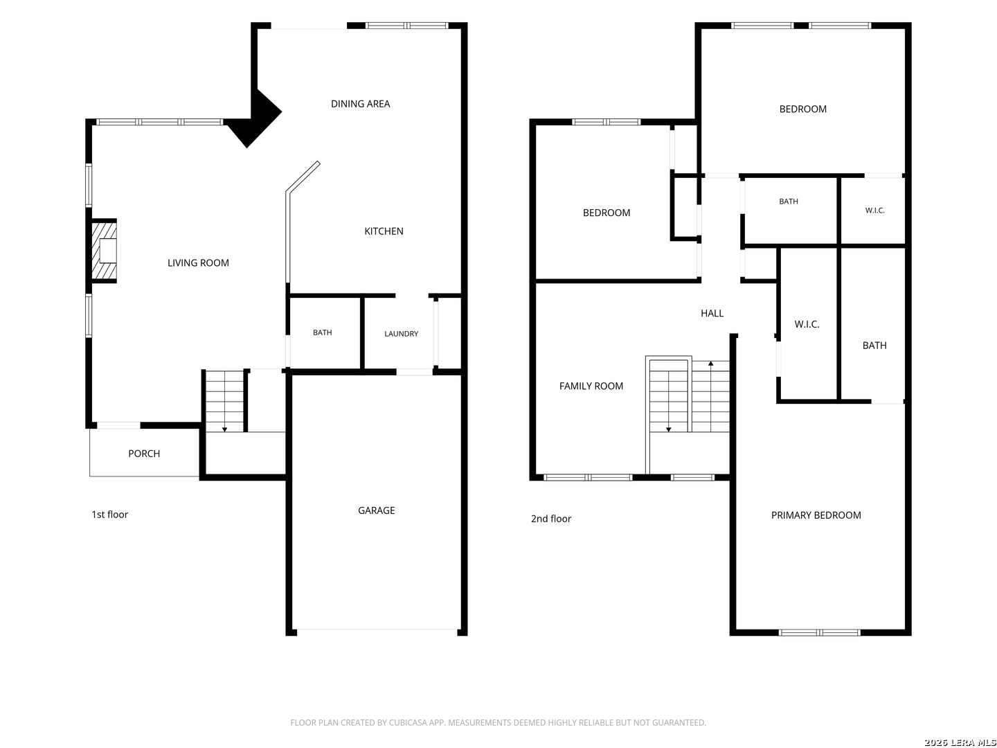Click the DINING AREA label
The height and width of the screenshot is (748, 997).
coord(360,104)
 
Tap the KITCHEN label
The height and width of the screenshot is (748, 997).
coord(384,231)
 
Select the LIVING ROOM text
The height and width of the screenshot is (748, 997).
coord(198,263)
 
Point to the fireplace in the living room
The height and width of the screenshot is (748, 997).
coord(104,251)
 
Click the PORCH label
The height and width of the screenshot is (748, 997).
coord(144,454)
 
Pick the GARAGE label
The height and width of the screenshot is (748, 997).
coord(376,510)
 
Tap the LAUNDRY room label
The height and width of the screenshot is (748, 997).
coord(401,334)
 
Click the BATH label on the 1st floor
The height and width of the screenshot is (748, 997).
coord(322,332)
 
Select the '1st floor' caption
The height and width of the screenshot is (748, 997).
coord(110,515)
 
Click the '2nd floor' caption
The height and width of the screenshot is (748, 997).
coord(551,519)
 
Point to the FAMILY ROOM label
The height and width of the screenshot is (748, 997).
coord(591,386)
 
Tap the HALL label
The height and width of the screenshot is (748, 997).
coord(712,313)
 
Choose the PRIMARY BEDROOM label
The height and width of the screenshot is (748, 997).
coord(816,515)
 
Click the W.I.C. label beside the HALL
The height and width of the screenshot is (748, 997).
coord(807,324)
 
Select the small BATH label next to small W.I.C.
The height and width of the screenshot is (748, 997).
coord(788,201)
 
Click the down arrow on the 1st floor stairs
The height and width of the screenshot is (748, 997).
coord(224,429)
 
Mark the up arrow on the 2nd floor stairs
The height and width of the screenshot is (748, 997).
coord(710,364)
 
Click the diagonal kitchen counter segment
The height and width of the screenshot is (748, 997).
coord(303,177)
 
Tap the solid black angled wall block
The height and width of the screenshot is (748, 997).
coord(254,118)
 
